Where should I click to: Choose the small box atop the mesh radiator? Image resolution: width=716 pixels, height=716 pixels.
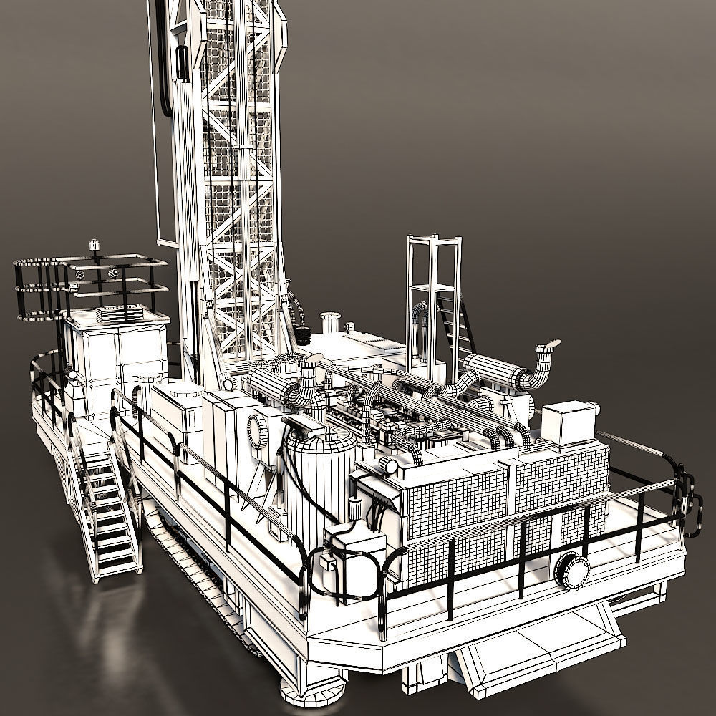pyautogui.click(x=566, y=424)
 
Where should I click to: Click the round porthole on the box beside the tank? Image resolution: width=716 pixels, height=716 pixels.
pyautogui.click(x=256, y=430)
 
